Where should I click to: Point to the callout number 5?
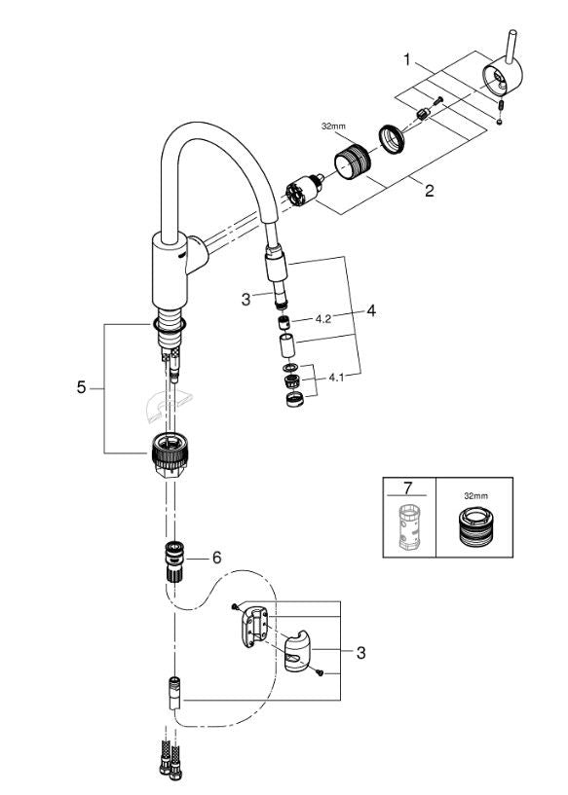(x=81, y=387)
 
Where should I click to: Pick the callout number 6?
(x=217, y=558)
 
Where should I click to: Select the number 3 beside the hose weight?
(x=360, y=652)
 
